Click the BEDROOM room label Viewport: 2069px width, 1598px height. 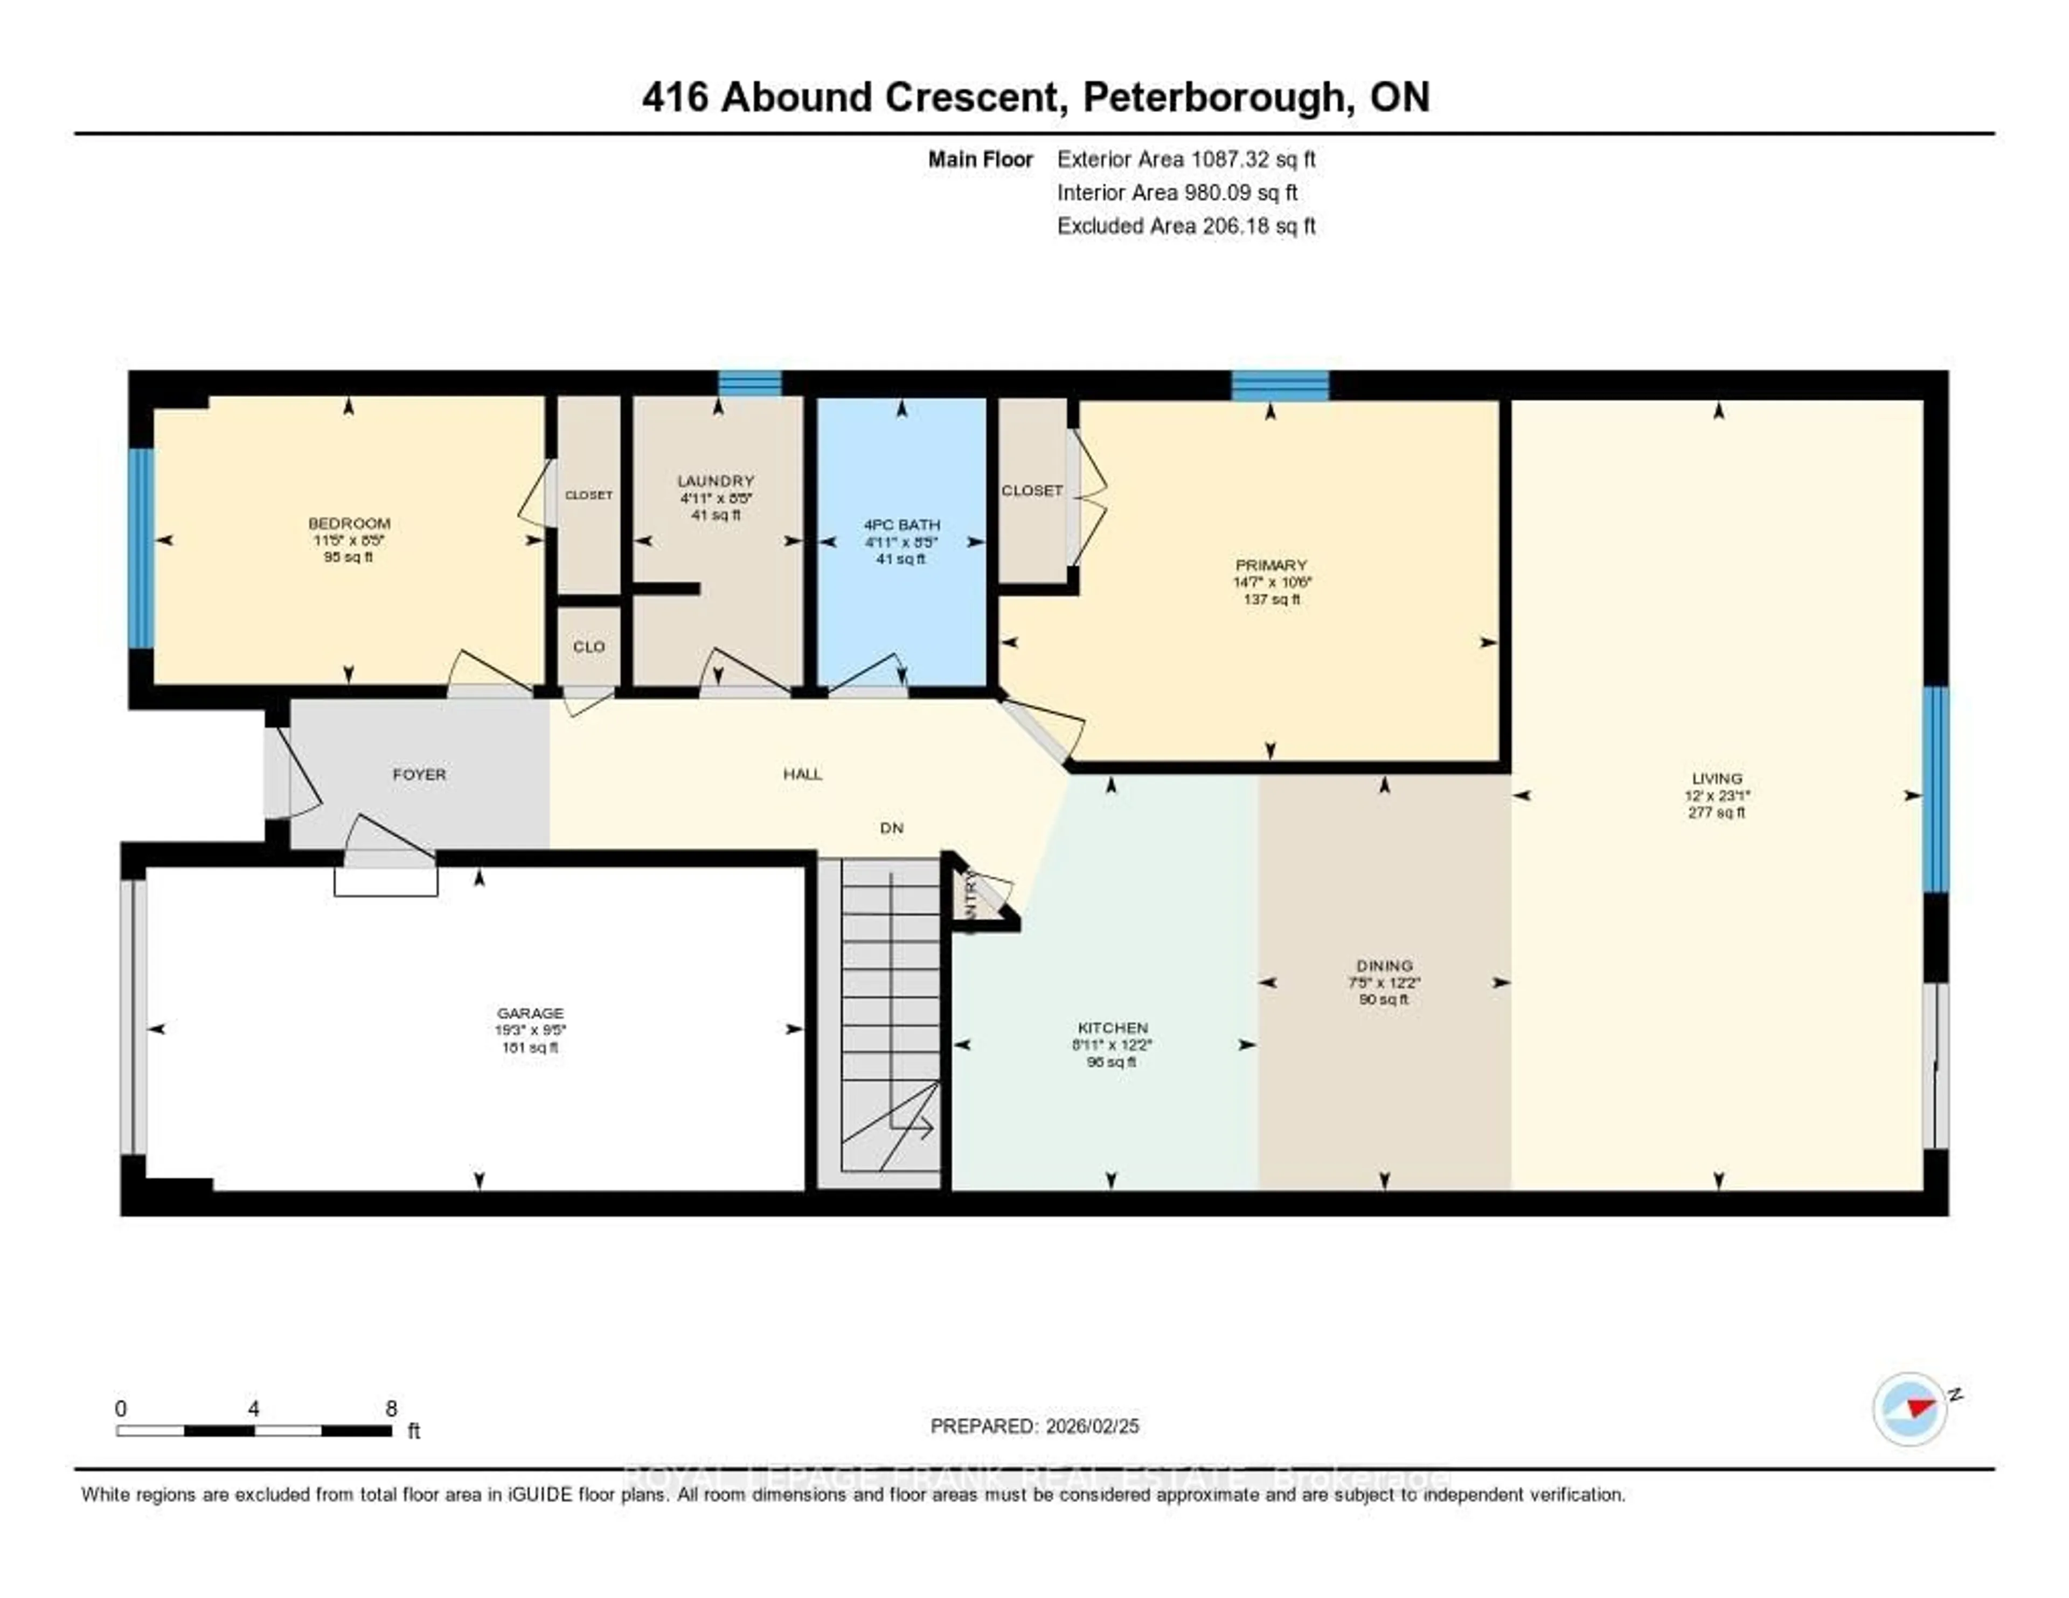[x=349, y=523]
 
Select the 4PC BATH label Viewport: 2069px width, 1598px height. [x=901, y=524]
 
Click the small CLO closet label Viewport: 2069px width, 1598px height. [x=588, y=646]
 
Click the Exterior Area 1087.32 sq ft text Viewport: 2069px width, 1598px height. [x=1185, y=159]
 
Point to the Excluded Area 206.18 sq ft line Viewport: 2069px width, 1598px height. [x=1185, y=225]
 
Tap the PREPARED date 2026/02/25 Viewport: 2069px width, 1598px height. [x=1034, y=1426]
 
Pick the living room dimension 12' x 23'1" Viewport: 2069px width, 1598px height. [x=1717, y=796]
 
